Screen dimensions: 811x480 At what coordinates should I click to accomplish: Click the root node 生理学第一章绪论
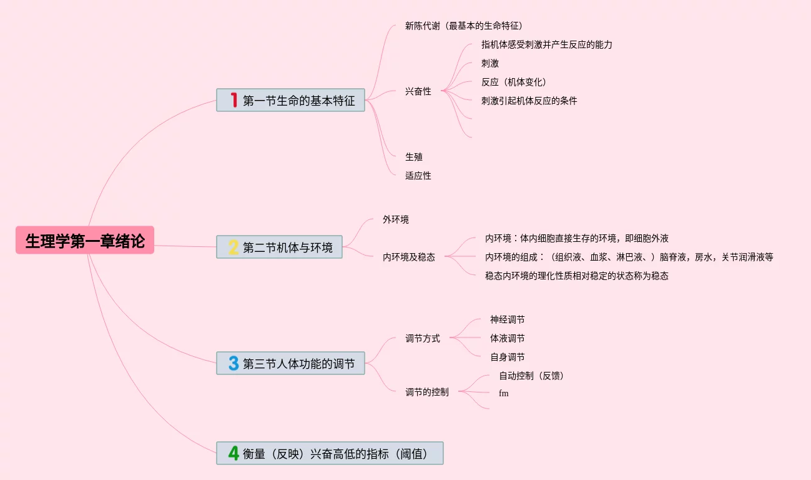click(85, 241)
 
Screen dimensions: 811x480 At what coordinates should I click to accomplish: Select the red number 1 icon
click(234, 100)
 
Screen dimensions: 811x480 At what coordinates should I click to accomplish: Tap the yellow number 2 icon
click(233, 247)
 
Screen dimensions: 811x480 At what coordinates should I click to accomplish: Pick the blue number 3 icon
click(233, 363)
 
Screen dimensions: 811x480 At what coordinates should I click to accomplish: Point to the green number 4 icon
click(233, 453)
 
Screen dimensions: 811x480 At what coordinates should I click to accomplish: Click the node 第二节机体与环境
click(287, 247)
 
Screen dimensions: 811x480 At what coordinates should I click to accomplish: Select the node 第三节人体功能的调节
click(298, 363)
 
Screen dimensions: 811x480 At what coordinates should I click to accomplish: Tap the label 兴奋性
click(418, 91)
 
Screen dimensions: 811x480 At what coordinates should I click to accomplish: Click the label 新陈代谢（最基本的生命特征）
click(463, 26)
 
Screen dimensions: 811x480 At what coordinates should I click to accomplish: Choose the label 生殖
click(414, 157)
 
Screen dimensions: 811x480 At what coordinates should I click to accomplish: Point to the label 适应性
click(418, 176)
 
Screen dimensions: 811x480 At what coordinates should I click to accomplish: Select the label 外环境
click(396, 219)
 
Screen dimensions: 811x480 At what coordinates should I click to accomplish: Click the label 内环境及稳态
click(409, 257)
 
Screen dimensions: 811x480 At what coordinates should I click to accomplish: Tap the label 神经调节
click(507, 319)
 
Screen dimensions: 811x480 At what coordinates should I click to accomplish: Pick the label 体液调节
click(507, 338)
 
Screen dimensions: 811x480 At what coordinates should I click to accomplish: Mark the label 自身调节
click(507, 357)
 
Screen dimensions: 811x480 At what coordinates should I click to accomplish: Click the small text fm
click(504, 393)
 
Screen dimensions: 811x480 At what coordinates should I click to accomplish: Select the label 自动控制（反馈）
click(531, 376)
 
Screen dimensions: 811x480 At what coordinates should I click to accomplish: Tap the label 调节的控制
click(427, 392)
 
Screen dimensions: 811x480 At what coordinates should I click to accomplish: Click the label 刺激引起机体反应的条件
click(529, 101)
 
